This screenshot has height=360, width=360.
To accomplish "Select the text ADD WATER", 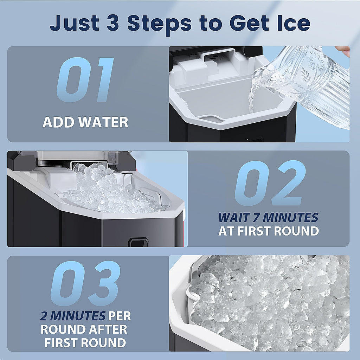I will [x=85, y=122].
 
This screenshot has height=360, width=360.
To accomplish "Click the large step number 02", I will [x=270, y=183].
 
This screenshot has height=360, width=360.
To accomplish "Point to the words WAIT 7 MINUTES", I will [x=268, y=218].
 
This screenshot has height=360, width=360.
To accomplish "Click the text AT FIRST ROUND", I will [x=269, y=231].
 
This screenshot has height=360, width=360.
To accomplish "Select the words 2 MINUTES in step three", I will [x=73, y=316].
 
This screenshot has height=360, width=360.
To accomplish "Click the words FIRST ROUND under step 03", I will [x=85, y=342].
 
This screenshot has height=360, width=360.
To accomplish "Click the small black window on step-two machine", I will [x=138, y=242].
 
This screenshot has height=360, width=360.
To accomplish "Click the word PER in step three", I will [x=120, y=316].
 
